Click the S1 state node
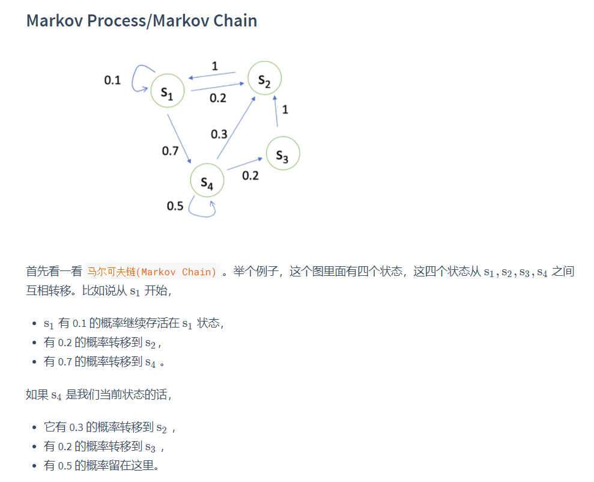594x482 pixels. point(167,91)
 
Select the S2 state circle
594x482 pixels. point(265,78)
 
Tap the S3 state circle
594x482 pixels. point(282,154)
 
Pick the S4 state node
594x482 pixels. point(207,180)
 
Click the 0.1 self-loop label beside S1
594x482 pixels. point(112,80)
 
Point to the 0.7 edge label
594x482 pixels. point(171,151)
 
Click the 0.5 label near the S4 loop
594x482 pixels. point(175,206)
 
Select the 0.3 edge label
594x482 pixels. point(219,133)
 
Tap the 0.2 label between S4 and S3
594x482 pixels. point(250,175)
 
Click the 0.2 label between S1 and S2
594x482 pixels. point(218,97)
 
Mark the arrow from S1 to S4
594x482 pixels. point(179,139)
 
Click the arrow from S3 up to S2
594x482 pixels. point(276,111)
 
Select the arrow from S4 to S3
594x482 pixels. point(245,164)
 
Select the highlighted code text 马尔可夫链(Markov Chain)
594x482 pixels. point(152,272)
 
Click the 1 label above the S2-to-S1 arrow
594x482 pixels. point(214,65)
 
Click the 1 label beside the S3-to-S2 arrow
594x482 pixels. point(285,109)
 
